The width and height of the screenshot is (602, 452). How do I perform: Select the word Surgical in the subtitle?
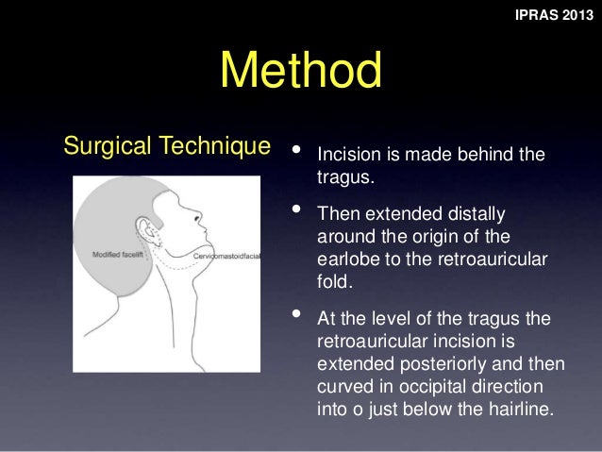click(x=99, y=146)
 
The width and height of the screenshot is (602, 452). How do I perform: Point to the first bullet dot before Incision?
click(x=298, y=150)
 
